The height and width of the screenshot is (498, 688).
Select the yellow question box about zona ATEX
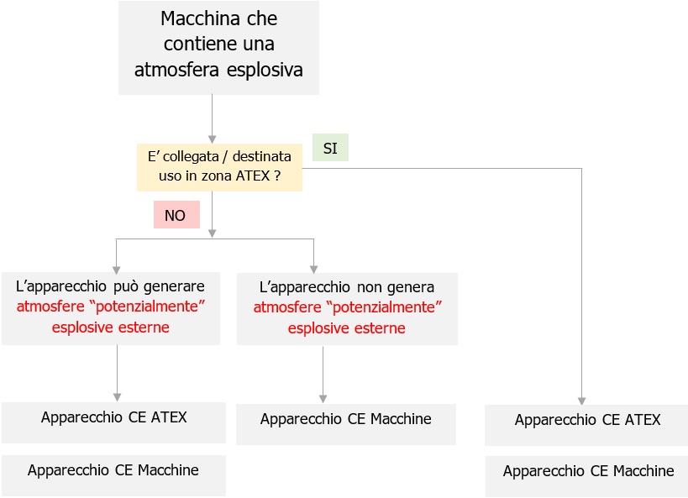[x=219, y=166]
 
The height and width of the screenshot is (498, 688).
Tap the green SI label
[x=330, y=148]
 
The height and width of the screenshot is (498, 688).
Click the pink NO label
[x=176, y=215]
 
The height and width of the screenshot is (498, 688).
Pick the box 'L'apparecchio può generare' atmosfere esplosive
[x=111, y=307]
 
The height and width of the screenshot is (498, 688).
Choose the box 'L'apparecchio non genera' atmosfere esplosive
[x=347, y=307]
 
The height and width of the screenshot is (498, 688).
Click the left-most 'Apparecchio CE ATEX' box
[x=113, y=421]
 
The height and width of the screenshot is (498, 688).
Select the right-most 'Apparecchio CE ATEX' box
[x=586, y=424]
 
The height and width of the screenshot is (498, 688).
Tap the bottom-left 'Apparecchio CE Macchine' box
[x=113, y=474]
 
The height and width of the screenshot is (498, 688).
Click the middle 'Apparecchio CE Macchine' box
[x=345, y=422]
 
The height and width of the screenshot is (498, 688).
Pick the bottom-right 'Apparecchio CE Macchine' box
[x=586, y=475]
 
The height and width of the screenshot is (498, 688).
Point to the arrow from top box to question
[x=212, y=118]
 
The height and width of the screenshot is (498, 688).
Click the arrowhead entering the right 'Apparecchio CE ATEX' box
[x=581, y=400]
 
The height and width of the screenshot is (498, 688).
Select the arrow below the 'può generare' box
[x=117, y=373]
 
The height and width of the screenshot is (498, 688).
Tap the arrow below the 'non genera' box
[x=323, y=374]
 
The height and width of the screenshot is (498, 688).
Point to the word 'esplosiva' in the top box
[x=265, y=70]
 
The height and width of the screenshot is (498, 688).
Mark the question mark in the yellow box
[x=276, y=177]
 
